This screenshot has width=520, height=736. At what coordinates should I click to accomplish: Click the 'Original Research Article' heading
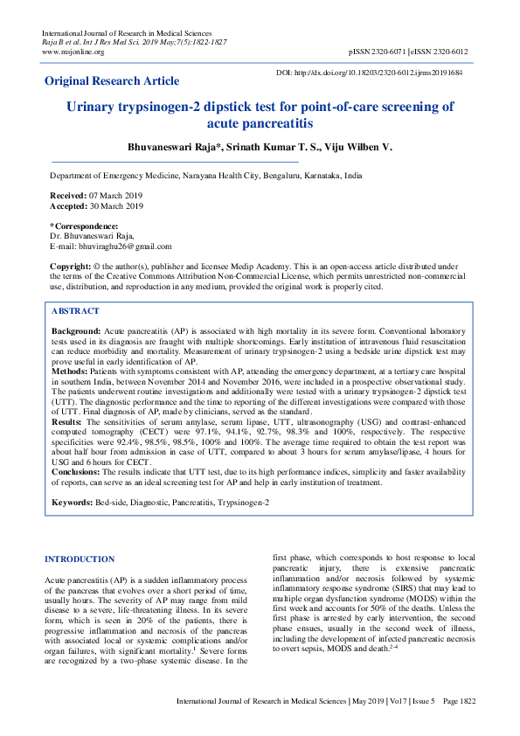(112, 81)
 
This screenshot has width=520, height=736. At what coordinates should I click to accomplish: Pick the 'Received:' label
(68, 195)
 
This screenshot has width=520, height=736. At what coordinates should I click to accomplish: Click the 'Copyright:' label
(71, 265)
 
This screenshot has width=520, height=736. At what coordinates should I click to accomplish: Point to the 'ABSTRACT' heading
(75, 311)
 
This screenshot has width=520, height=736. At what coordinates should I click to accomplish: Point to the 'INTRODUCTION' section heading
(79, 559)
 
